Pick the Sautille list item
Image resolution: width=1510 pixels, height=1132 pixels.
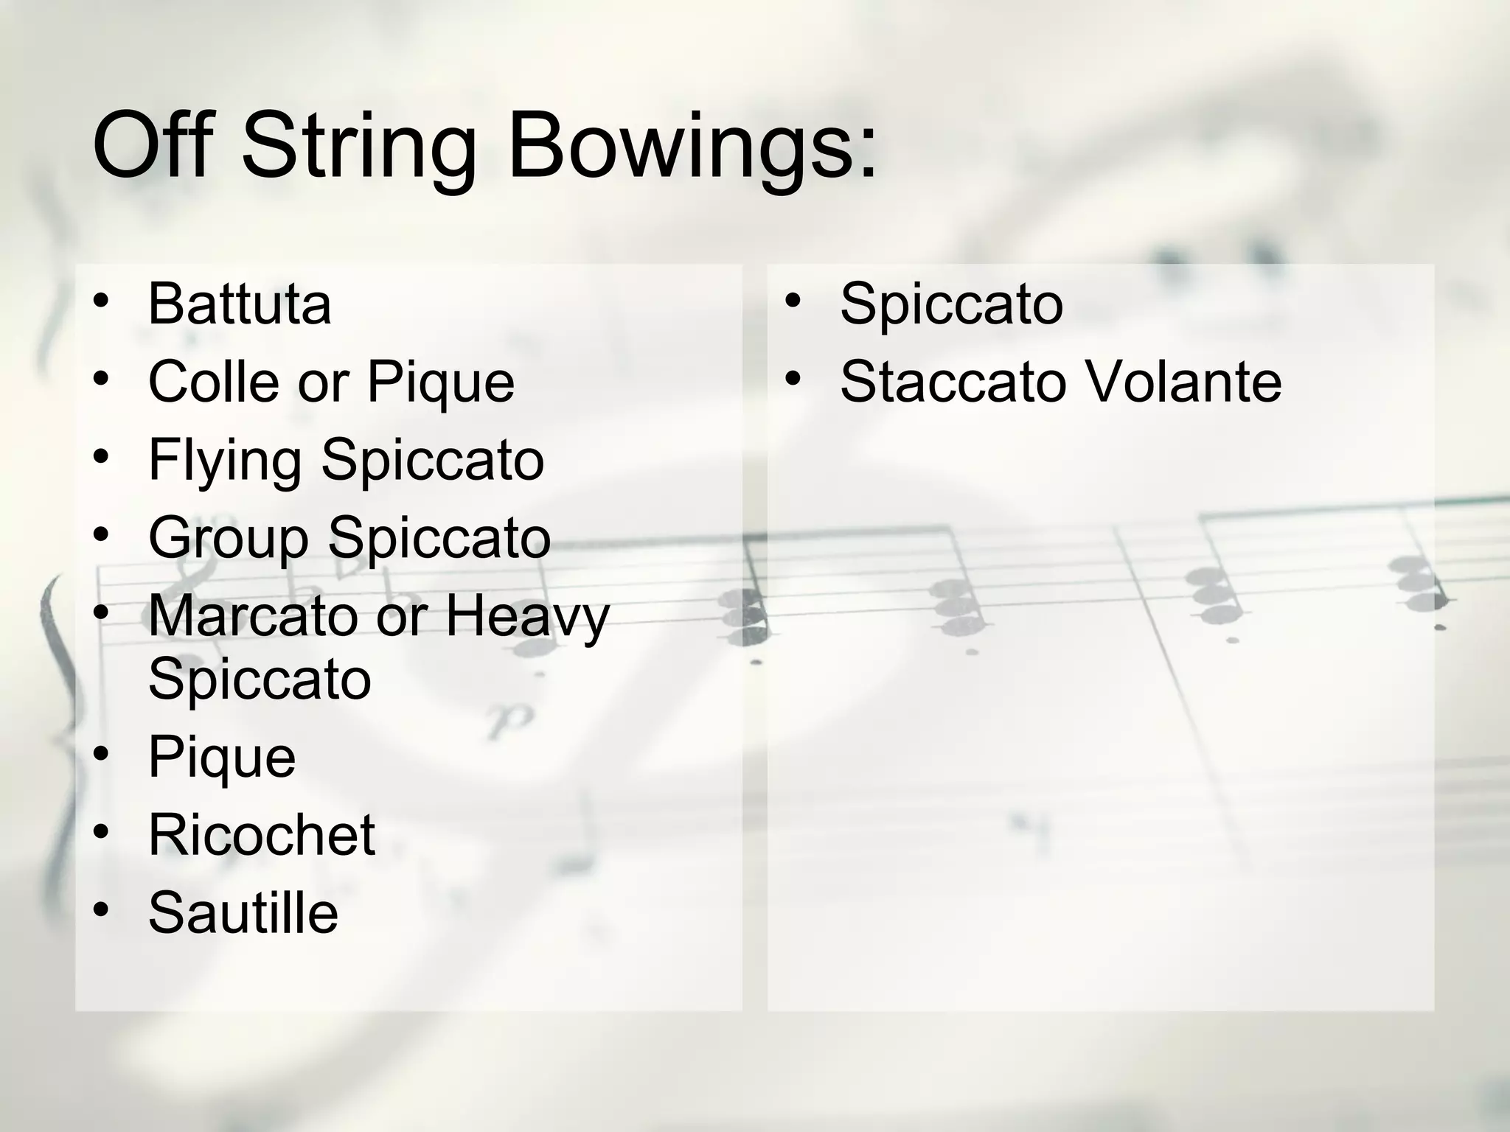(x=243, y=912)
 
